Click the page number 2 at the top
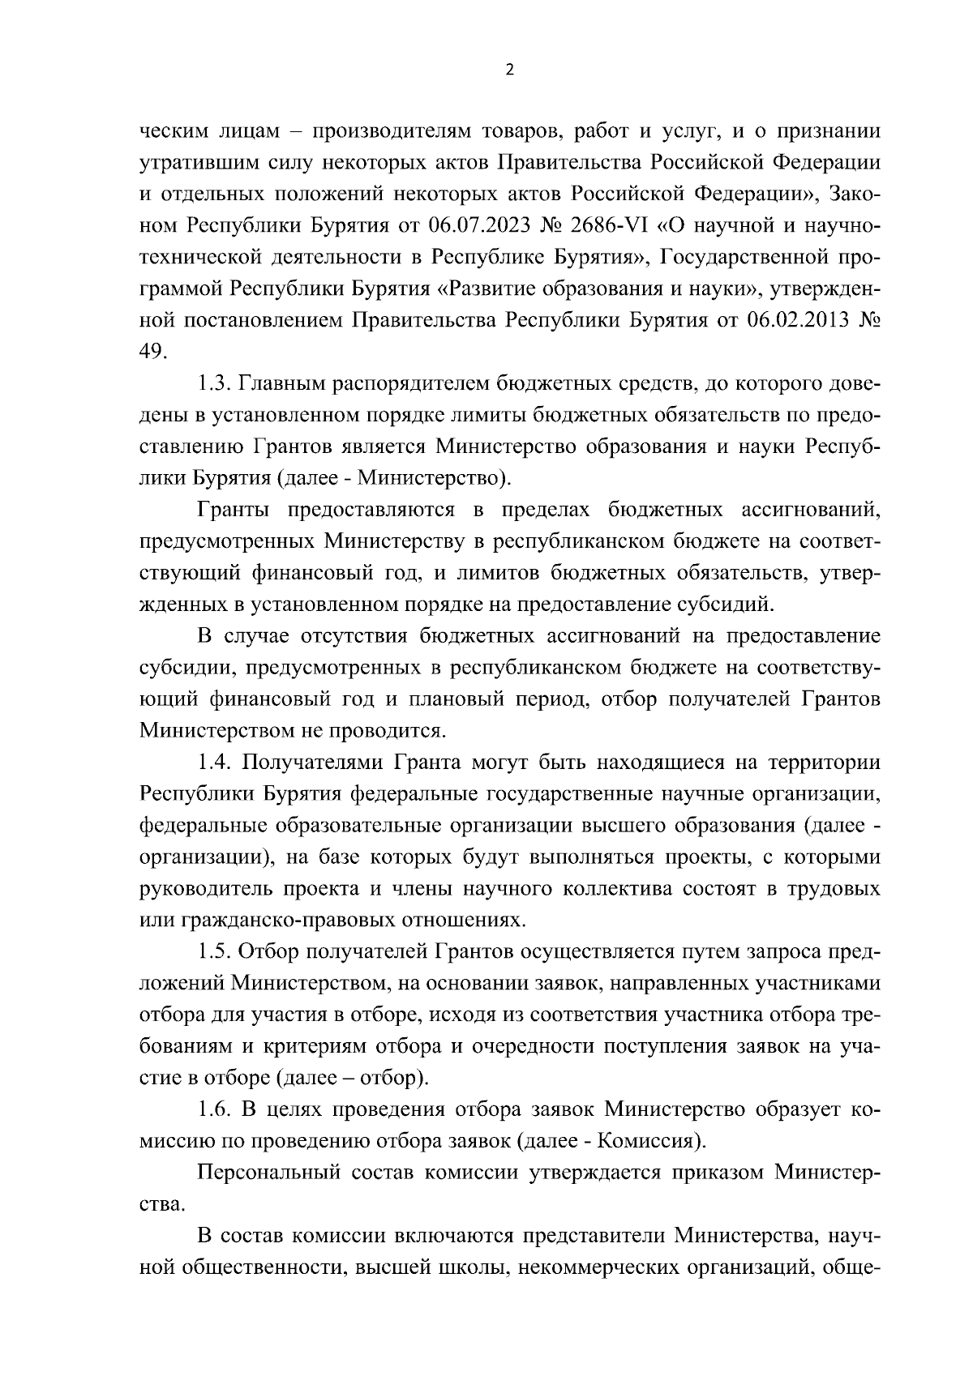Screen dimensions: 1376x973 [x=509, y=70]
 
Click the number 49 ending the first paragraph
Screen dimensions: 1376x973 [x=153, y=350]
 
